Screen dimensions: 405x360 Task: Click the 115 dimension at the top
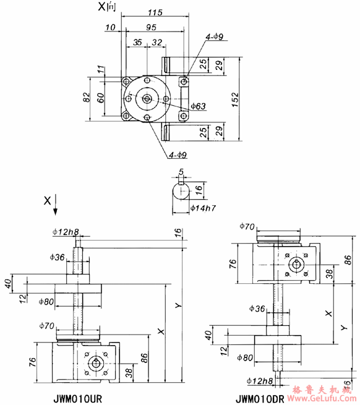pos(155,12)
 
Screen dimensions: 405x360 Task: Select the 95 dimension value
pos(150,27)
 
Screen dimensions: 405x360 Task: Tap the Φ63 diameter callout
pos(198,106)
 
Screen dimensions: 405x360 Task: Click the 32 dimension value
pos(156,42)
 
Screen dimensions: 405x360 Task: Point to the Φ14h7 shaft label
pos(202,208)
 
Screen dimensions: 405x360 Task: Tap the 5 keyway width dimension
pos(180,173)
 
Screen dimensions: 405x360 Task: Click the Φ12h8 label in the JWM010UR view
pos(66,232)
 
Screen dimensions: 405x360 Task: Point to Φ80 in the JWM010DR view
pos(244,357)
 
